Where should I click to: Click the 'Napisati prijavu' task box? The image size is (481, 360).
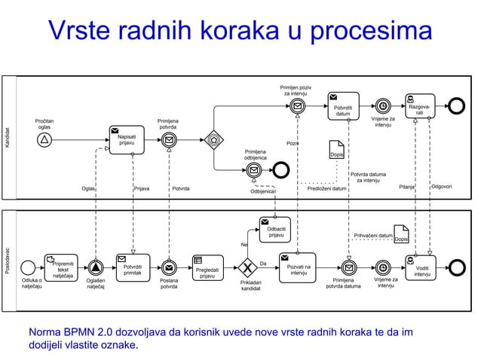coord(127,139)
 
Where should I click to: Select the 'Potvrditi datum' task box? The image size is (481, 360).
coord(342,106)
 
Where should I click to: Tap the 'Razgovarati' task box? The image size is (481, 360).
coord(419,106)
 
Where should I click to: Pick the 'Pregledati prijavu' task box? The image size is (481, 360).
coord(207,268)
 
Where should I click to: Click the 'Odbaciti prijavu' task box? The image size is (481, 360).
coord(275,230)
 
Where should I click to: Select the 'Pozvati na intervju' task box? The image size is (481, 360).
coord(299,267)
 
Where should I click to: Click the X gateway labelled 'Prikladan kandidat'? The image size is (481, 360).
coord(246,267)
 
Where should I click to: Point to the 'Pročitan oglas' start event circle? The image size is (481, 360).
coord(44,139)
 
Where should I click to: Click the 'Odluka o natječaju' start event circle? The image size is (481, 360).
coord(29,267)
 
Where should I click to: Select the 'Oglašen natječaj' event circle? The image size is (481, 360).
coord(95,267)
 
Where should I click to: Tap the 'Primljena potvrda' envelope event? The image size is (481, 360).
coord(170,139)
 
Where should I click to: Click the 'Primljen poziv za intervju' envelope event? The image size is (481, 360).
coord(298,106)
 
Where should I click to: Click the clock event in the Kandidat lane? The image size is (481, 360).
coord(383,106)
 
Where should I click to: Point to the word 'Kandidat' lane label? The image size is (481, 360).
coord(8,136)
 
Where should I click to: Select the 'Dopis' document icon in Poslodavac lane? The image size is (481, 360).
coord(402,234)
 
